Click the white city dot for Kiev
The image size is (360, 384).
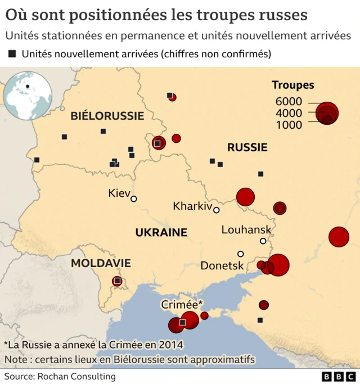click(x=134, y=198)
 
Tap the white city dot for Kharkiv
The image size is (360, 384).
click(x=217, y=210)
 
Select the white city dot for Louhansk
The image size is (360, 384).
click(x=263, y=241)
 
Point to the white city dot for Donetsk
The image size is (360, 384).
click(x=241, y=254)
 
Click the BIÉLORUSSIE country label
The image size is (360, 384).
click(x=107, y=116)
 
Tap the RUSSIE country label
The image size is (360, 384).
click(x=247, y=148)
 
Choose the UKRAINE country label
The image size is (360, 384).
click(x=160, y=232)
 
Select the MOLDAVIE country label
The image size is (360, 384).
click(x=101, y=263)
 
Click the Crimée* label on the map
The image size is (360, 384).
click(x=182, y=304)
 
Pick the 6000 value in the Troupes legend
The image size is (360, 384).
click(x=289, y=102)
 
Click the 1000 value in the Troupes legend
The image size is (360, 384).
click(x=289, y=125)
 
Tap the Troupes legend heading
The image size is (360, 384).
click(x=293, y=85)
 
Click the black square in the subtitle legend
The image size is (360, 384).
click(x=12, y=55)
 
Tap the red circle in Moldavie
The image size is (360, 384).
click(x=117, y=281)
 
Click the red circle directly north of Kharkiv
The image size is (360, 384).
click(x=245, y=197)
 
